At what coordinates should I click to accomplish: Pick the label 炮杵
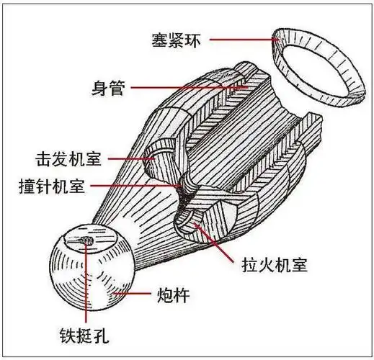point(173,296)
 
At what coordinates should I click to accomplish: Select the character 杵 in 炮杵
point(182,296)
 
